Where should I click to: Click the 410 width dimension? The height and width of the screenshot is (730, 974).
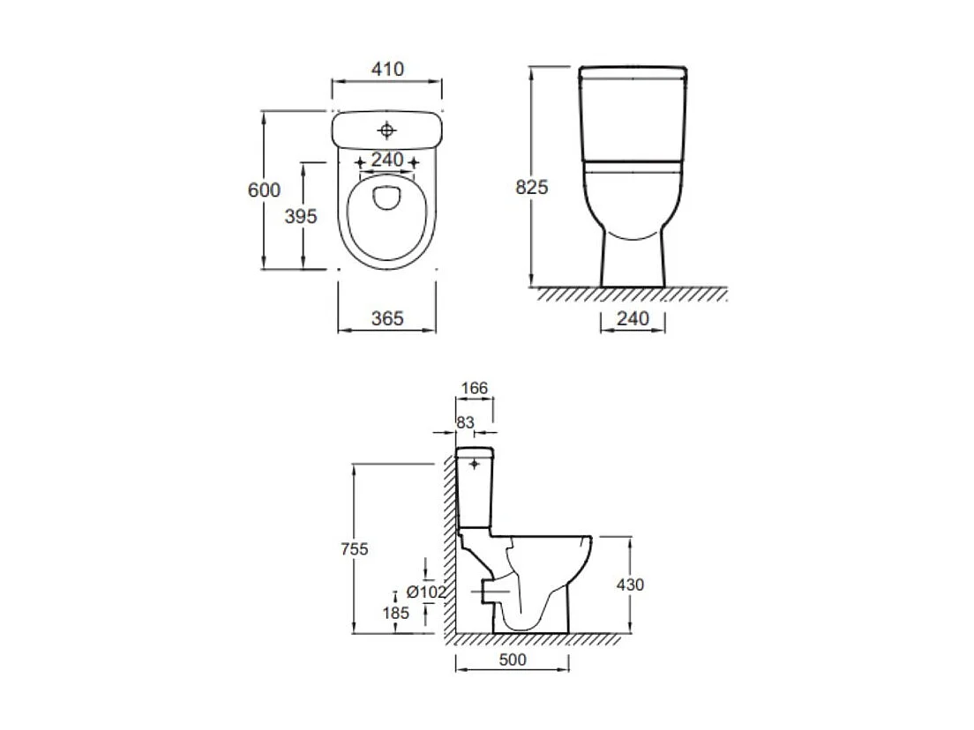point(387,69)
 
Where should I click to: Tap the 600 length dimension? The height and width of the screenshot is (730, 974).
point(264,190)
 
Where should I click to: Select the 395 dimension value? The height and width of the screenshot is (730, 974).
point(301,216)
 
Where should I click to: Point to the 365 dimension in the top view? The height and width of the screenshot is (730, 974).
point(387,318)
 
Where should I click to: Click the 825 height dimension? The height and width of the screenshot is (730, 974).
point(532,187)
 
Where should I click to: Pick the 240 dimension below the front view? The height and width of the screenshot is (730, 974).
point(633,318)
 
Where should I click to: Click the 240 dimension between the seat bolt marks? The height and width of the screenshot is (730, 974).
point(387,160)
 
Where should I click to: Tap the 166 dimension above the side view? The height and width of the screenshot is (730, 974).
point(475,388)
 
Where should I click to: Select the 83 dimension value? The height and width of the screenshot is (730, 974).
point(465,422)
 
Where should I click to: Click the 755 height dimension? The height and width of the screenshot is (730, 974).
point(355,548)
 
